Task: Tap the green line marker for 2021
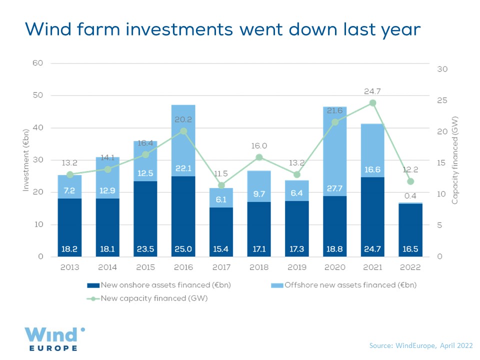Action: click(x=372, y=103)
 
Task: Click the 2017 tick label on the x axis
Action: click(x=221, y=267)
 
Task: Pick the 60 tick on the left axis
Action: click(x=38, y=63)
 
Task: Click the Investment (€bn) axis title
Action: click(x=25, y=160)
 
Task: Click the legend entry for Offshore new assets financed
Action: click(x=344, y=285)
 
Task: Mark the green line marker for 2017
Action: click(x=221, y=185)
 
